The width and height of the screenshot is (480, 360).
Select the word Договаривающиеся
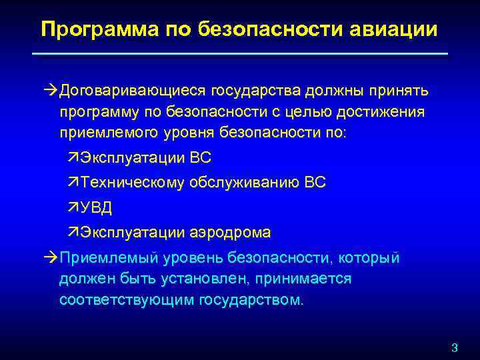(x=133, y=90)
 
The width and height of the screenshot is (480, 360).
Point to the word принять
(x=397, y=90)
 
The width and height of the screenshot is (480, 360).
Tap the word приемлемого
(x=109, y=133)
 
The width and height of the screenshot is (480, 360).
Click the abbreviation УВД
(x=97, y=207)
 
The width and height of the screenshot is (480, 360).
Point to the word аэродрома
(x=229, y=232)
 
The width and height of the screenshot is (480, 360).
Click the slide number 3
(x=455, y=347)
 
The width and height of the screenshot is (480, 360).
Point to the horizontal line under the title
(x=240, y=53)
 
